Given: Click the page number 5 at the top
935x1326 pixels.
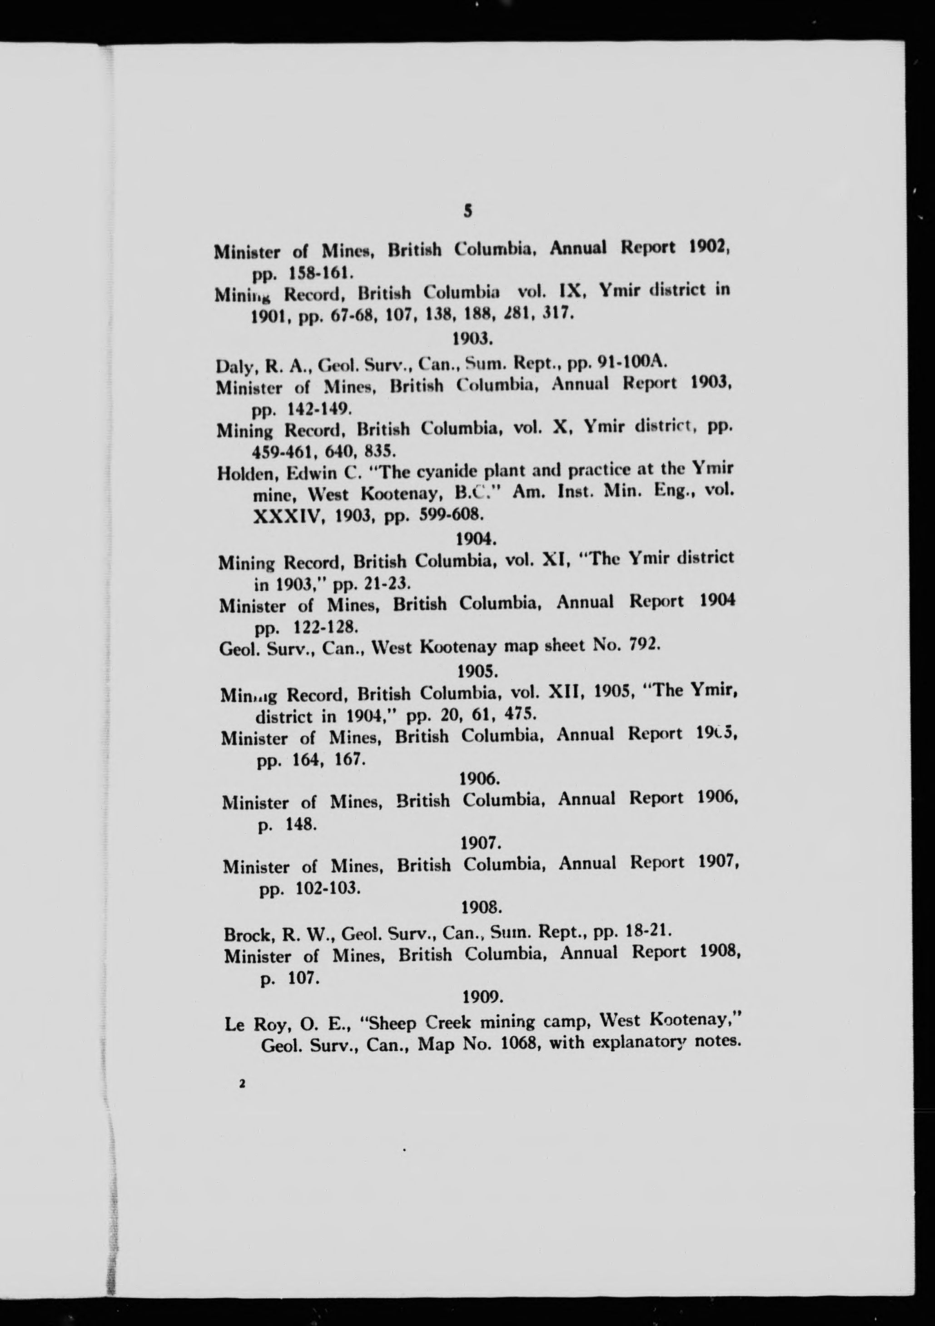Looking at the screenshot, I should (468, 211).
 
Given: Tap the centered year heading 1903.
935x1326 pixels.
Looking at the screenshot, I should (471, 339).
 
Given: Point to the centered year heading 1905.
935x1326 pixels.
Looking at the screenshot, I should (477, 672).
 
